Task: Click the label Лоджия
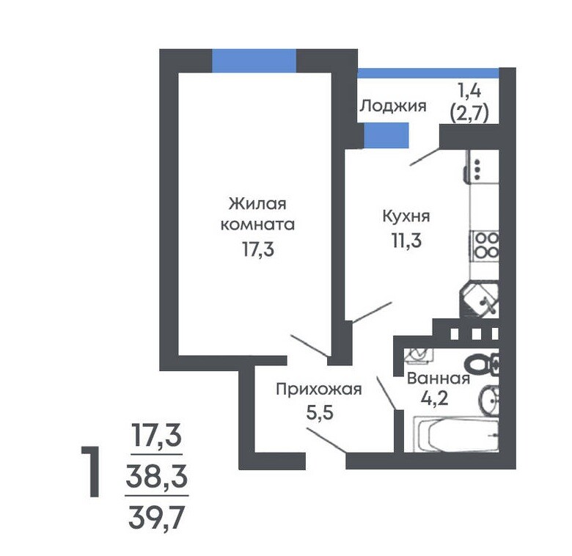click(x=393, y=106)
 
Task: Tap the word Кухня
click(x=406, y=216)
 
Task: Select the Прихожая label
click(x=319, y=389)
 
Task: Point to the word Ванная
click(x=438, y=378)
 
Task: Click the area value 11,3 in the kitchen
click(x=406, y=240)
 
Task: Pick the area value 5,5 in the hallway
click(x=320, y=413)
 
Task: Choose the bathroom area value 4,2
click(x=434, y=398)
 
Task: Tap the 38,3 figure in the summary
click(x=156, y=477)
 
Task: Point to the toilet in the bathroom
click(x=482, y=364)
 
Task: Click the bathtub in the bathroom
click(x=456, y=434)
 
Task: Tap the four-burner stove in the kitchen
click(x=485, y=246)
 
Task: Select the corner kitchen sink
click(x=480, y=300)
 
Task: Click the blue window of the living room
click(x=254, y=61)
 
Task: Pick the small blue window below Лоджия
click(x=386, y=136)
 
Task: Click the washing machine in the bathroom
click(x=419, y=355)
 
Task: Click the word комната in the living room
click(x=257, y=224)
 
